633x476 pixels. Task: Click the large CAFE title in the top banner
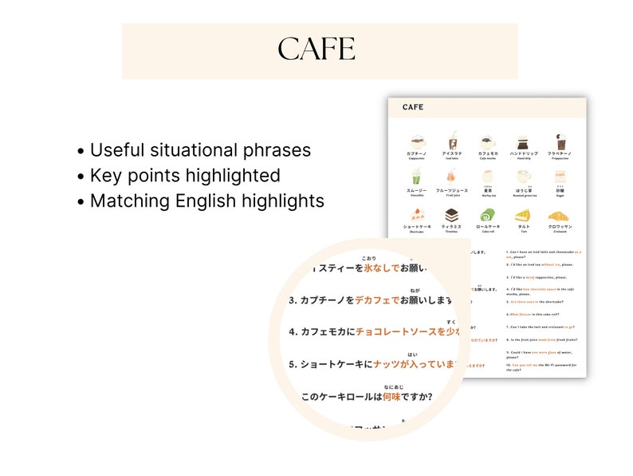316,50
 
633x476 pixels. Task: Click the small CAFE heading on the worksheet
413,107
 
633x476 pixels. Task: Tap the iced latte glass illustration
452,140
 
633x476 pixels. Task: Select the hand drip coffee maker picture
523,141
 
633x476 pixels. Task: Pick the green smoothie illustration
416,177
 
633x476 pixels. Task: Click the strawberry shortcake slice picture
417,214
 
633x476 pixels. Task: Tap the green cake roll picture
487,214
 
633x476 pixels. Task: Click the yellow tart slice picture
523,214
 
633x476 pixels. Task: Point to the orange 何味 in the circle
391,396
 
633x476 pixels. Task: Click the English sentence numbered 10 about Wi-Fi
543,367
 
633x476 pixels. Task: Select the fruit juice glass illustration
452,177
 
